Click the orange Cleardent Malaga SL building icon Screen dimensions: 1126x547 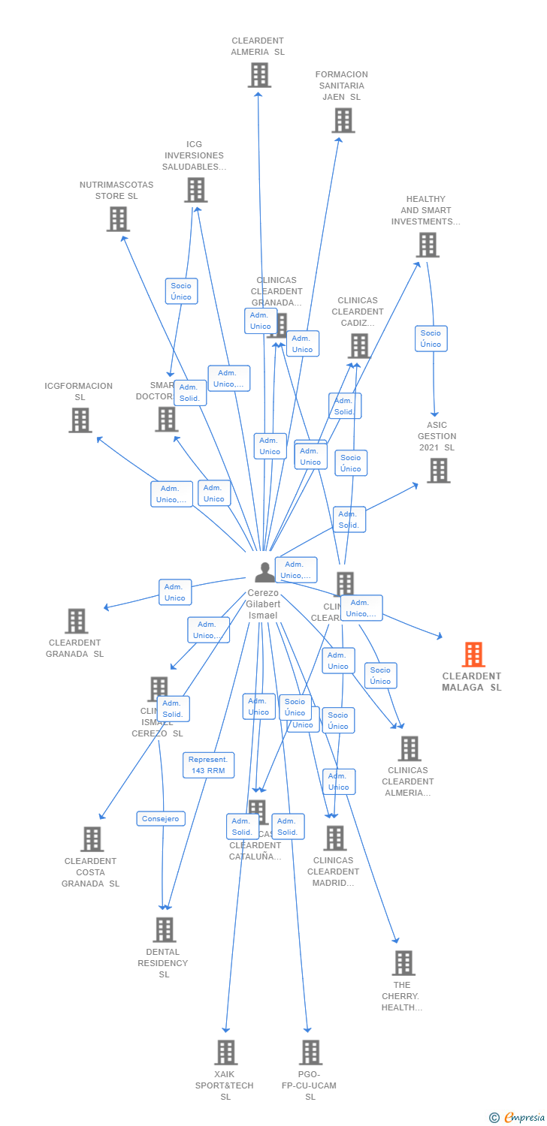[x=473, y=655]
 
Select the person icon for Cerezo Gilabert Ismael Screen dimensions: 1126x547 [x=264, y=573]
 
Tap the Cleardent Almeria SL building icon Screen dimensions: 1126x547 [x=259, y=75]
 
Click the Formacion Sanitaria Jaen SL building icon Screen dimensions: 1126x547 [x=343, y=120]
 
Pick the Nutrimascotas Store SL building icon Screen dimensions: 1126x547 [x=118, y=219]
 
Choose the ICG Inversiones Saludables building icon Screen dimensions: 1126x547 [x=195, y=190]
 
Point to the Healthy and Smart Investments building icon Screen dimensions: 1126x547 [x=427, y=245]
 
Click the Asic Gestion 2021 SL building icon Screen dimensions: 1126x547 [x=438, y=471]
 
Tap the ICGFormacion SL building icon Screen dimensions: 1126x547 [x=80, y=420]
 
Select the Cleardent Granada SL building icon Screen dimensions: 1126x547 [x=76, y=621]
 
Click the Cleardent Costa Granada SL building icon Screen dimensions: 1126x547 [x=92, y=839]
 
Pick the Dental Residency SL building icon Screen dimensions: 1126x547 [x=165, y=930]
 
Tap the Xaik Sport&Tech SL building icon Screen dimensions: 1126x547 [x=225, y=1052]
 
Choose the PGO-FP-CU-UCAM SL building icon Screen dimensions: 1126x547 [x=310, y=1052]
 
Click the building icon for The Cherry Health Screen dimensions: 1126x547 [x=403, y=963]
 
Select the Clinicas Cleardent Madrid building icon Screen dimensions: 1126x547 [x=334, y=838]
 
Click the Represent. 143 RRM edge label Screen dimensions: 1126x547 [x=209, y=765]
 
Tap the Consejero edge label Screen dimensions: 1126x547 [x=161, y=819]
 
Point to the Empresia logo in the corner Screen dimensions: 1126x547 [x=518, y=1118]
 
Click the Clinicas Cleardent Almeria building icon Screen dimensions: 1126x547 [x=409, y=748]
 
